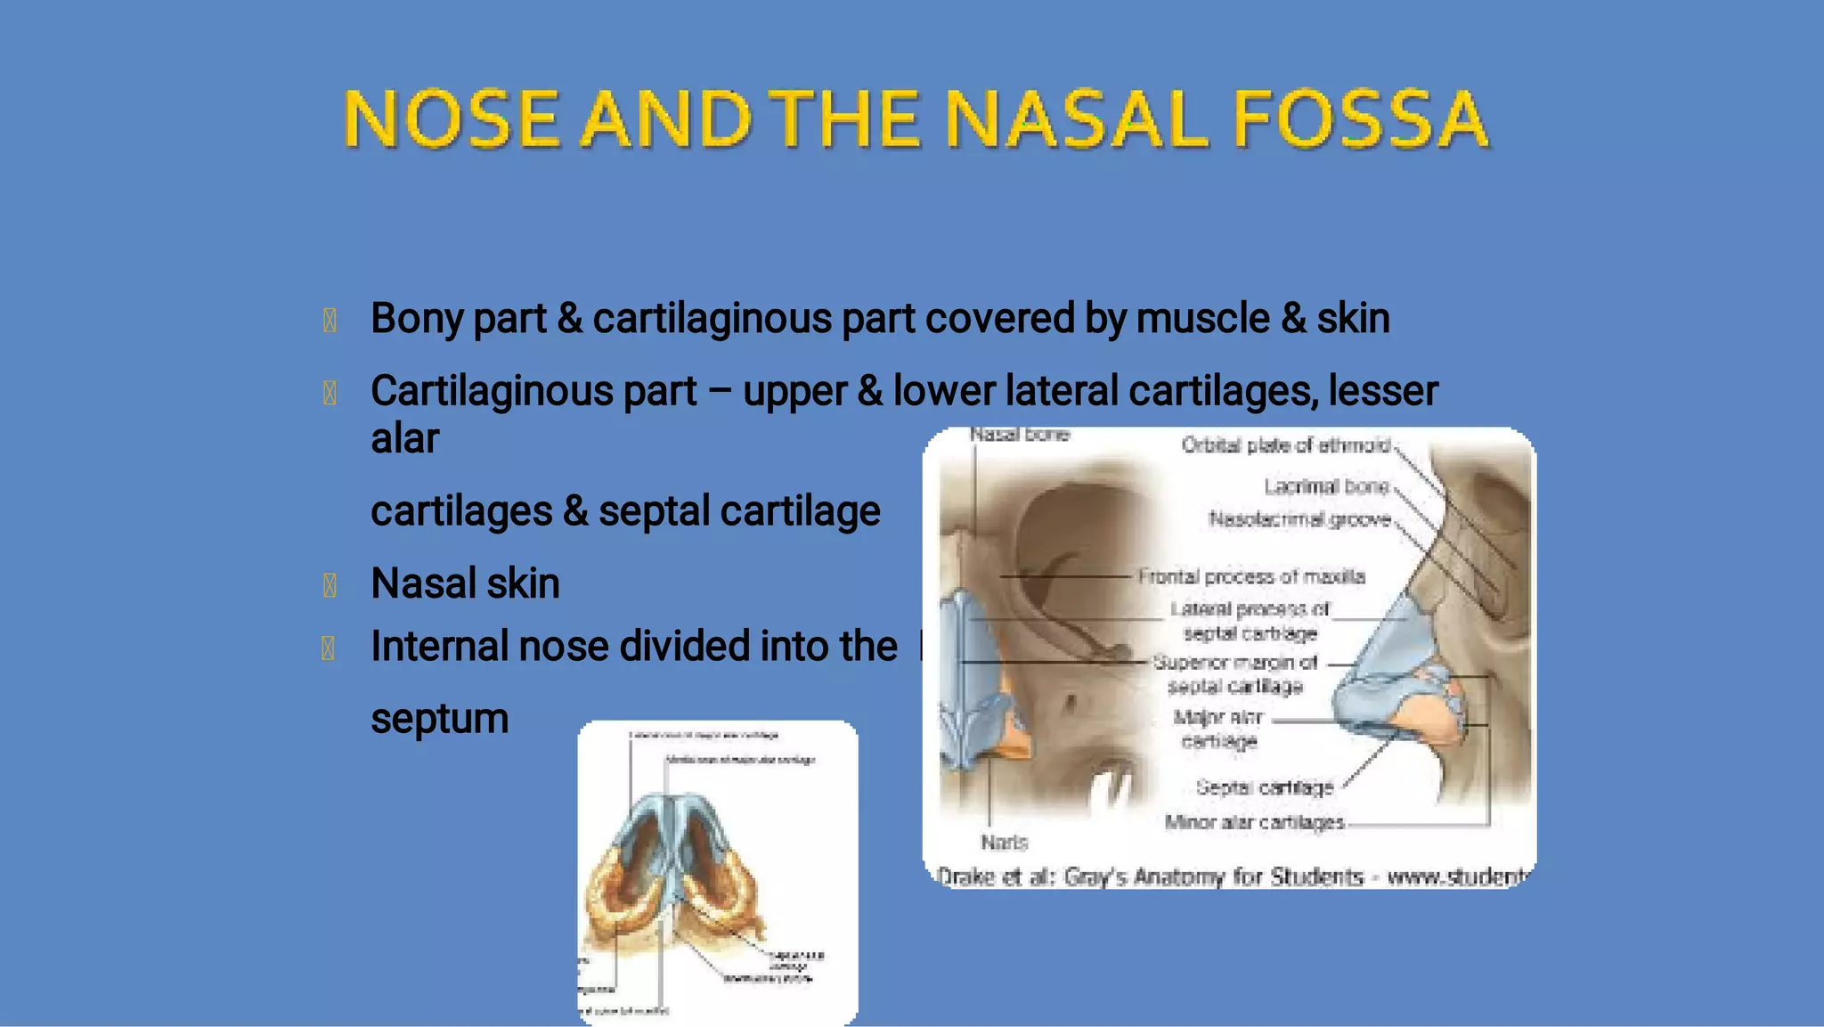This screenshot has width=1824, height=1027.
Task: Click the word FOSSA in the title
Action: tap(1360, 119)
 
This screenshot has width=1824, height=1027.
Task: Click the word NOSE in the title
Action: tap(452, 119)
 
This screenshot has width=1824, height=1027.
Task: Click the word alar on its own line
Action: tap(404, 439)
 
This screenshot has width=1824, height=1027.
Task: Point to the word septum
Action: tap(439, 719)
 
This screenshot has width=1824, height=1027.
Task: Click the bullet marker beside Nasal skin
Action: tap(329, 585)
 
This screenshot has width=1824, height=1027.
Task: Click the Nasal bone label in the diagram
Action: tap(1019, 435)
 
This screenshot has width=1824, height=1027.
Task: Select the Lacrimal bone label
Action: tap(1326, 486)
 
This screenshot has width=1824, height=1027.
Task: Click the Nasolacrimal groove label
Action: tap(1299, 519)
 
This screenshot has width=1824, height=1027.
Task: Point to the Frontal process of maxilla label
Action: tap(1251, 577)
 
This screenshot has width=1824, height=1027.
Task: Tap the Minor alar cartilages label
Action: tap(1254, 822)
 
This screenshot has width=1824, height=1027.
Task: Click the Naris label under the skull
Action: tap(1004, 842)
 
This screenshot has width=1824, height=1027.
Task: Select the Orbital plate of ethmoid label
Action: tap(1285, 445)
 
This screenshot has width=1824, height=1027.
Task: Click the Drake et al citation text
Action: tap(1229, 876)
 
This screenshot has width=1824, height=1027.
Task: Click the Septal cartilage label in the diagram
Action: tap(1265, 787)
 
